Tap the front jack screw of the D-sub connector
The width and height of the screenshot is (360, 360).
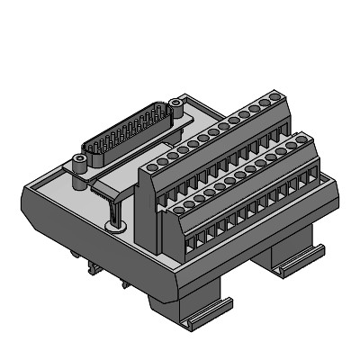tap(81, 163)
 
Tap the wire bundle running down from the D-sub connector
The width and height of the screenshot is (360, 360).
tap(113, 207)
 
